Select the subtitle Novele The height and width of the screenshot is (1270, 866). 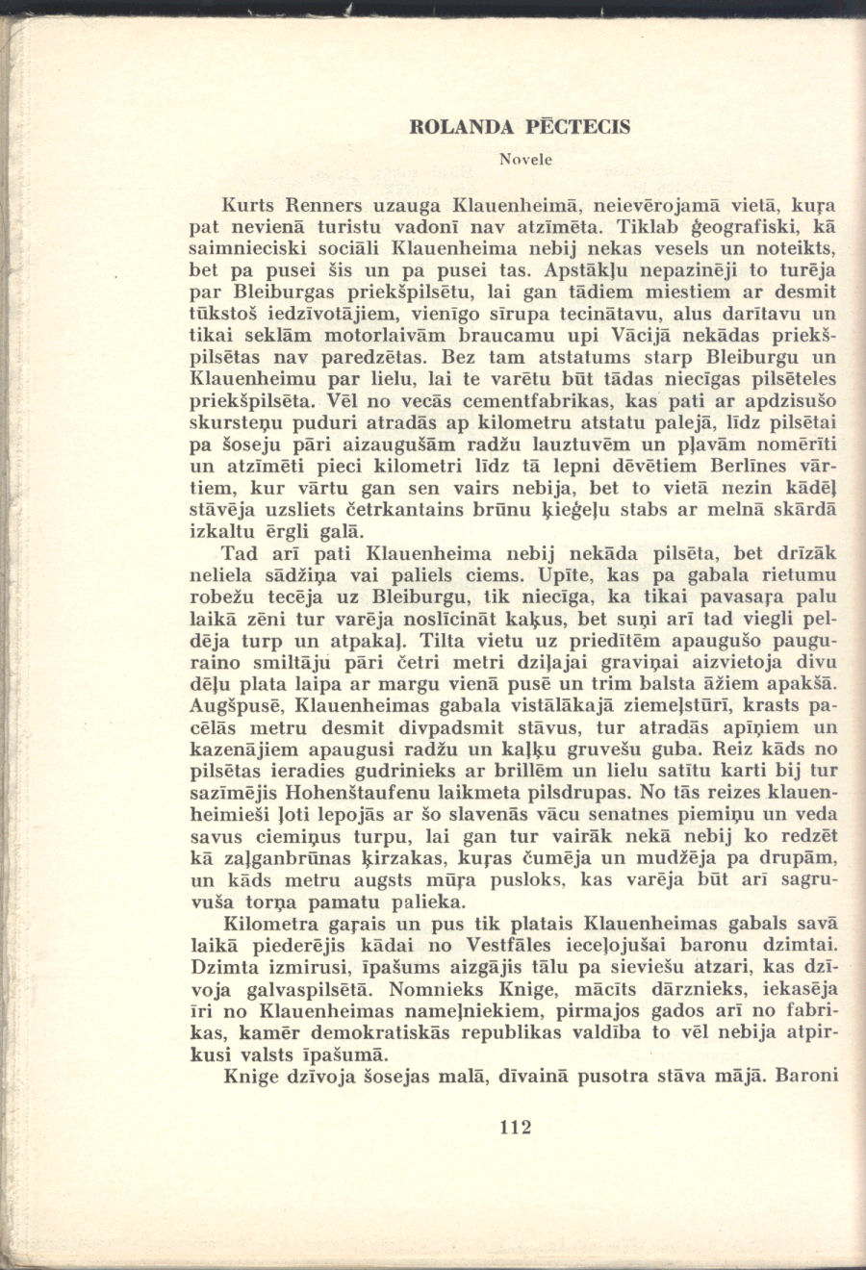click(524, 158)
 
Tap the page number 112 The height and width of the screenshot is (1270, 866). click(516, 1128)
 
